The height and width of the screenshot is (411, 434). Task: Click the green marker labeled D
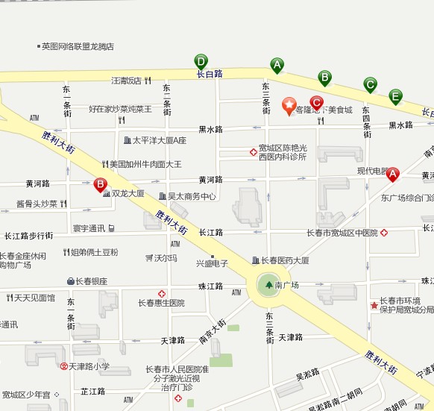point(201,61)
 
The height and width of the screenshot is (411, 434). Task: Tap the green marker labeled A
point(277,65)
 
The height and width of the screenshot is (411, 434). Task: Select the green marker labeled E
point(395,95)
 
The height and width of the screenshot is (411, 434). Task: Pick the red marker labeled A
point(392,174)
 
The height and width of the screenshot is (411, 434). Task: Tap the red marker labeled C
point(316,103)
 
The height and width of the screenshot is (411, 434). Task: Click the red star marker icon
point(289,106)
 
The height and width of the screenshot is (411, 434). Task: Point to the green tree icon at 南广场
point(268,284)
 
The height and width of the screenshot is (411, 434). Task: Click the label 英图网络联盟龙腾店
point(78,46)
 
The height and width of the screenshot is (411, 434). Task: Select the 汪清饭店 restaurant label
point(126,81)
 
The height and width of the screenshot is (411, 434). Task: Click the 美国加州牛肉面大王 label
point(145,164)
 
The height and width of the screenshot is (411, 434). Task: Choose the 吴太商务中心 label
point(191,197)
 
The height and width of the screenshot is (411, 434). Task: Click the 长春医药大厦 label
point(285,260)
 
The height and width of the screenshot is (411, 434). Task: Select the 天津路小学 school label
point(90,366)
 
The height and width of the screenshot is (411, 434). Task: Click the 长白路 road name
point(210,74)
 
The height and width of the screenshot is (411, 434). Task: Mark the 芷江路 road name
point(93,391)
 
